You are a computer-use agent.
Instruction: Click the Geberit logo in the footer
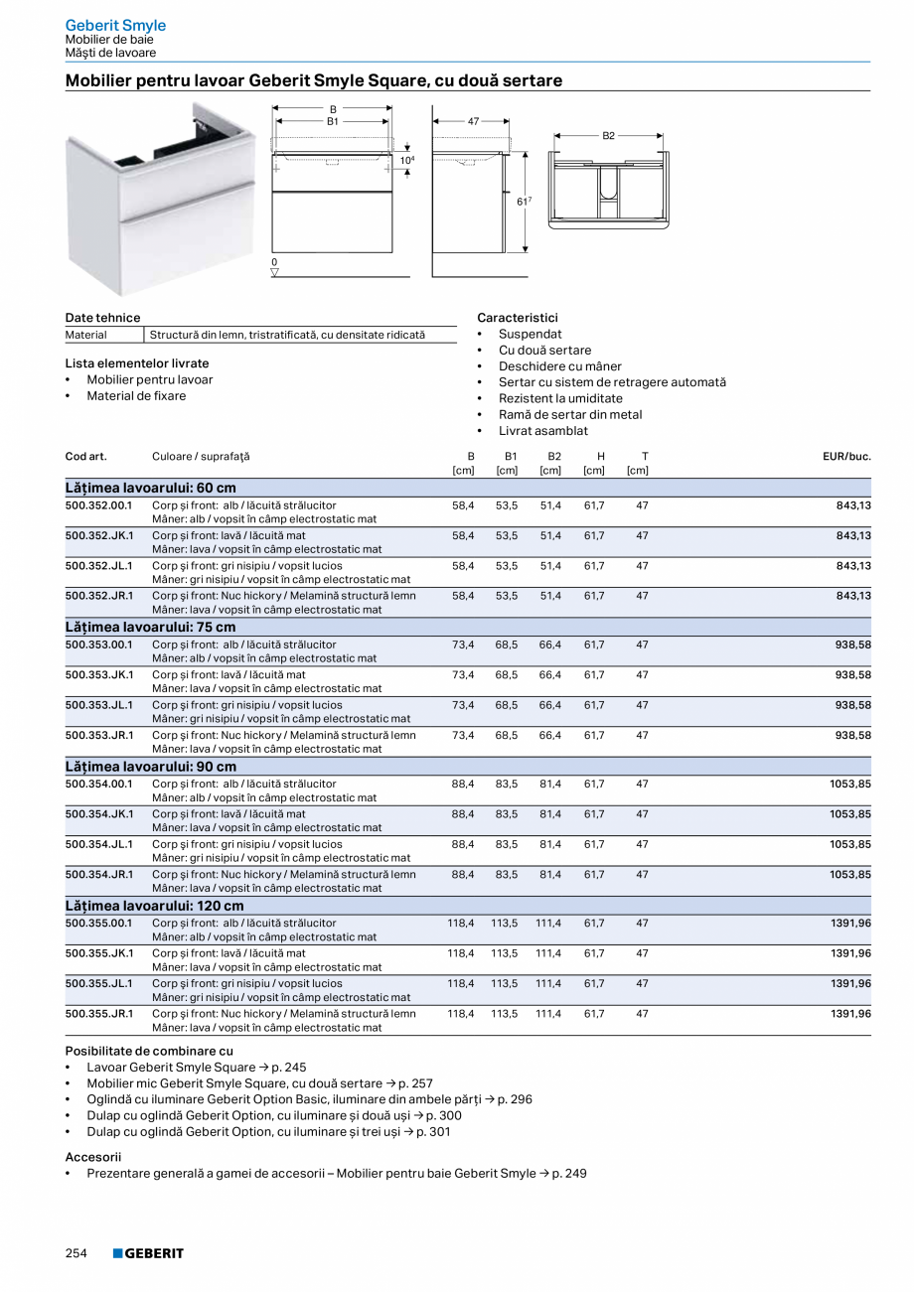(148, 1253)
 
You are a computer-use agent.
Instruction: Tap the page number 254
(76, 1253)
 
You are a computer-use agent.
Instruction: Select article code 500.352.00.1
(98, 505)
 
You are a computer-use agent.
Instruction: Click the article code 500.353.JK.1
(98, 674)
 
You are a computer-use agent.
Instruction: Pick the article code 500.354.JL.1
(98, 844)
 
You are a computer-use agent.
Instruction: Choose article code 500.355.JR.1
(98, 1014)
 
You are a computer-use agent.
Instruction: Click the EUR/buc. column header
(846, 457)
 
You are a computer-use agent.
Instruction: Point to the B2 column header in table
(554, 457)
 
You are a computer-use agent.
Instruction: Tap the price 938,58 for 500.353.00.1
(851, 645)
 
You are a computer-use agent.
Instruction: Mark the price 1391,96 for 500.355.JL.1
(850, 983)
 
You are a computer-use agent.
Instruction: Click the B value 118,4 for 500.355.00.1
(461, 923)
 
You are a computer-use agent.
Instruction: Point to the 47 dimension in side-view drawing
(473, 121)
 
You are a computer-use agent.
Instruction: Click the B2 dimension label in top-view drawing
(609, 135)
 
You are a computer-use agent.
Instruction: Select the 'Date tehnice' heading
(102, 318)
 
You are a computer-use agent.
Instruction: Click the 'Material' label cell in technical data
(86, 336)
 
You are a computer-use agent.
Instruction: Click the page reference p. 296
(515, 1099)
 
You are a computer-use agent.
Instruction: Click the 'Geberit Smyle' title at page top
(115, 25)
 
